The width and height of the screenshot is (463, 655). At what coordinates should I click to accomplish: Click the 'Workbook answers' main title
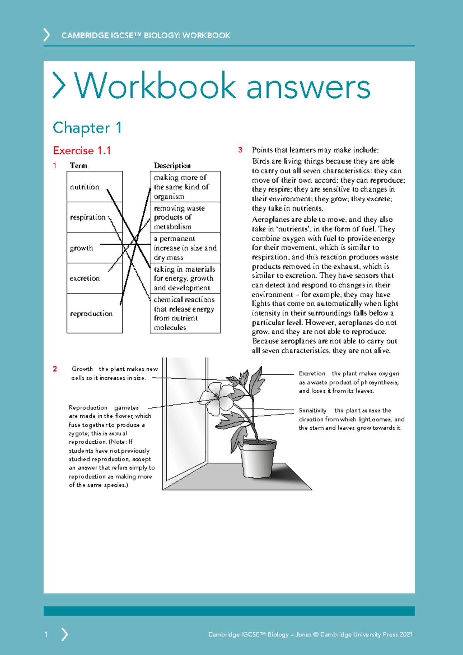tap(223, 86)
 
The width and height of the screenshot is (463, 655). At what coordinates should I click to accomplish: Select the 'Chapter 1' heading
tap(87, 128)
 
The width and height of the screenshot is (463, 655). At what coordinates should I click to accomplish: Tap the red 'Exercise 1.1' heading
tap(82, 151)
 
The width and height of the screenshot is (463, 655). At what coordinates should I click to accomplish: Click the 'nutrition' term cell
tap(85, 187)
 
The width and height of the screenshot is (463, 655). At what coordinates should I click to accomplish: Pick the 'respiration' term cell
tap(88, 217)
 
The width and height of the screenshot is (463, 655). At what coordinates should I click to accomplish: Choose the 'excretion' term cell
tap(85, 278)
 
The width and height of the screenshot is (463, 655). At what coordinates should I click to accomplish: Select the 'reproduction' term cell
tap(91, 314)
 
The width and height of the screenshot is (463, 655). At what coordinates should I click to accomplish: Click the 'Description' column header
tap(172, 166)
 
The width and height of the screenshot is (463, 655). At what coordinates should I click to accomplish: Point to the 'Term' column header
tap(78, 166)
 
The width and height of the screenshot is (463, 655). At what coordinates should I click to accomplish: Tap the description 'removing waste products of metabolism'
tap(179, 217)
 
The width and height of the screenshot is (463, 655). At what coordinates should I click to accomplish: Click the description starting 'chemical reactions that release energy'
tap(184, 313)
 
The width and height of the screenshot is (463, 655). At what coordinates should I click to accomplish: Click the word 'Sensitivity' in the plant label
tap(313, 411)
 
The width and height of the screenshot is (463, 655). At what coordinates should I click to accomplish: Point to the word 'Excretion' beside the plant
tap(312, 373)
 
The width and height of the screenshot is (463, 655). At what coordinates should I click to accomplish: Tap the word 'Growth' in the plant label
tap(82, 369)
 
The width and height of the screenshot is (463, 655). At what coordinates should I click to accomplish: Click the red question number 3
tap(240, 150)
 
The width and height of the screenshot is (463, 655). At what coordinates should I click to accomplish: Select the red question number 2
tap(55, 369)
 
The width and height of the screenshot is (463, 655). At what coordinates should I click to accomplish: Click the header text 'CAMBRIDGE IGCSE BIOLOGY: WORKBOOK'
tap(146, 36)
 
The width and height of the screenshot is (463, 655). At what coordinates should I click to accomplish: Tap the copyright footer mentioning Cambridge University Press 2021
tap(310, 634)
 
